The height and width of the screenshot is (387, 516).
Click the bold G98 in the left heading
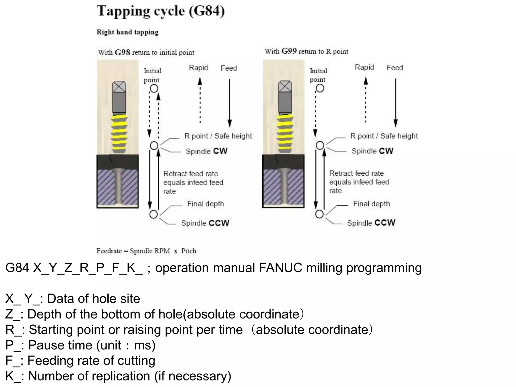(x=122, y=52)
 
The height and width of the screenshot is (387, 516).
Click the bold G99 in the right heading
(x=289, y=51)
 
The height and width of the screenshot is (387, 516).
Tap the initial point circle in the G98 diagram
(x=154, y=88)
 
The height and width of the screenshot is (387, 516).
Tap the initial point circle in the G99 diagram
(x=320, y=88)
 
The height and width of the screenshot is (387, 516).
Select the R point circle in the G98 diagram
(x=154, y=145)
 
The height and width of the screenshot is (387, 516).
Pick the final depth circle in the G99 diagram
(x=319, y=214)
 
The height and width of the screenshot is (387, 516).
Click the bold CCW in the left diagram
(x=219, y=223)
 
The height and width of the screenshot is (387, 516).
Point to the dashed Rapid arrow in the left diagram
(x=200, y=101)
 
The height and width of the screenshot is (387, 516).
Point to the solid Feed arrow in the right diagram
(x=396, y=102)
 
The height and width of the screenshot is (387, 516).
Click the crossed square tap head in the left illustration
(x=119, y=87)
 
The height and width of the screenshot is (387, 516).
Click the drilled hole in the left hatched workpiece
(x=118, y=186)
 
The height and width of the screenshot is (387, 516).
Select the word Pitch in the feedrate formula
(x=189, y=251)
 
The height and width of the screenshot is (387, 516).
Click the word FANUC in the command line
(x=280, y=268)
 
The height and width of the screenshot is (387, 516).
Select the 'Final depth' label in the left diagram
(x=206, y=204)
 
